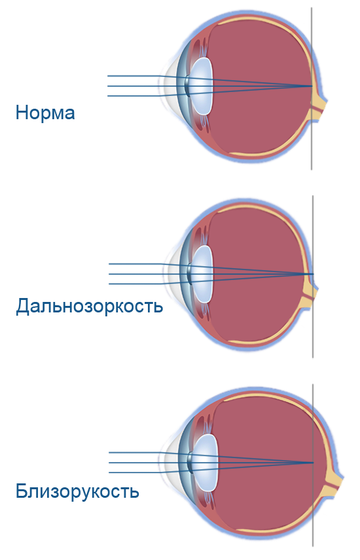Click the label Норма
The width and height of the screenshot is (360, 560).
coord(45,112)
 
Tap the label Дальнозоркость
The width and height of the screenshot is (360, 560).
coord(89,306)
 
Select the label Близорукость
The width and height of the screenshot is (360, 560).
coord(77,491)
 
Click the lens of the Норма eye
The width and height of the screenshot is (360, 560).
coord(201,86)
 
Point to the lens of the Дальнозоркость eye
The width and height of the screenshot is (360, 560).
coord(202,274)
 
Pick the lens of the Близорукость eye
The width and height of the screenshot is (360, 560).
coord(205,462)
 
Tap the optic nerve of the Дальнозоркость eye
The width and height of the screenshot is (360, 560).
coord(310,294)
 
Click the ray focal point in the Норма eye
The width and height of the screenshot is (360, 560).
coord(312,86)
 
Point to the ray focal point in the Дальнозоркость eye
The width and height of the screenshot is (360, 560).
coord(314,274)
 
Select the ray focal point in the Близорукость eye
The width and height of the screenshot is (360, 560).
coord(313,462)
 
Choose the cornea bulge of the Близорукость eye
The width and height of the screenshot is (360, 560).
coord(171,462)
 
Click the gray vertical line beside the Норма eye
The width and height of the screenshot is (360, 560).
coord(312,88)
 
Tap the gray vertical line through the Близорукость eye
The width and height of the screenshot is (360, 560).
coord(313,465)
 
